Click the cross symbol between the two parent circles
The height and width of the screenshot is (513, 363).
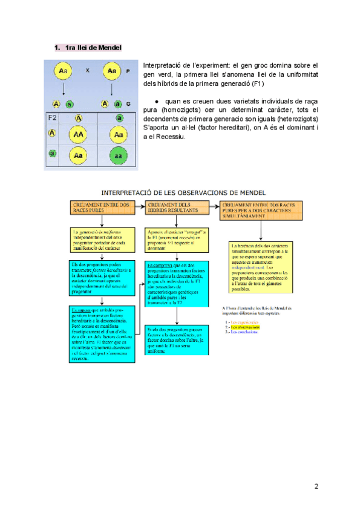tap(88, 71)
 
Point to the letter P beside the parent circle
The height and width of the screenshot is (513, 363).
tap(128, 71)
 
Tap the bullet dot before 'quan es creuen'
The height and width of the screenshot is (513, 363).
tap(156, 101)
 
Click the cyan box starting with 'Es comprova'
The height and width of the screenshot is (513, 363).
tap(177, 283)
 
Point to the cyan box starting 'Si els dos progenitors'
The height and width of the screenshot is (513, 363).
tap(177, 341)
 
